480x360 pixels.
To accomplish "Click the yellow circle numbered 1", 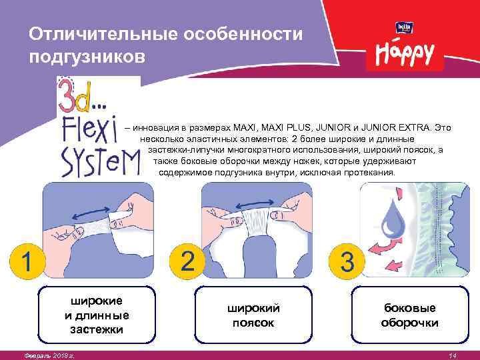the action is pos(27,261).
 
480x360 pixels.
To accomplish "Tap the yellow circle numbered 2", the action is pos(187,261).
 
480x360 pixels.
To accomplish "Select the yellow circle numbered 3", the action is pos(347,261).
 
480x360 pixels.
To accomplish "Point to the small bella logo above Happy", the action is pos(405,27).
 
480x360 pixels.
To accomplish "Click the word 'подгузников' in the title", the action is pos(87,57).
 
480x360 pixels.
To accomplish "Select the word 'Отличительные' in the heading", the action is pos(103,34).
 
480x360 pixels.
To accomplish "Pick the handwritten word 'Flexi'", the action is pos(90,130).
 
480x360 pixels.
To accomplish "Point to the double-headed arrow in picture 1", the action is pos(91,213).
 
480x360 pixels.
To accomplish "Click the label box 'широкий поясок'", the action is pos(253,315).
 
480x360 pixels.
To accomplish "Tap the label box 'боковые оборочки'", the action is pos(410,315).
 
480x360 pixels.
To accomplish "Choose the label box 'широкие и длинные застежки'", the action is pos(97,315).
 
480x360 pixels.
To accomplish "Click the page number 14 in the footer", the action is pos(453,356).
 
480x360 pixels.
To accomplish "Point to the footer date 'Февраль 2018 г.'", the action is pos(49,356).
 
